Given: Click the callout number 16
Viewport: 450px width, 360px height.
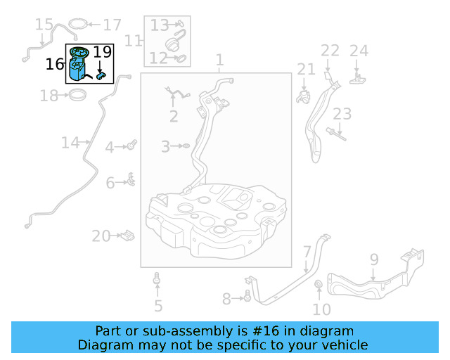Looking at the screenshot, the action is tap(54, 65).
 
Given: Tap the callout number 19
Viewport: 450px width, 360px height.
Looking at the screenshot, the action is tap(102, 51).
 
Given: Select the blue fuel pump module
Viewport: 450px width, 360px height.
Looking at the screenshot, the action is tap(79, 67).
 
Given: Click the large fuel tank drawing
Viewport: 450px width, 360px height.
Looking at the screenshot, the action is tap(214, 211).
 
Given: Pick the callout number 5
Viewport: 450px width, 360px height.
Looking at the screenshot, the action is tap(158, 306).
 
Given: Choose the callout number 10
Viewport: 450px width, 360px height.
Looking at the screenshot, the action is tap(321, 309).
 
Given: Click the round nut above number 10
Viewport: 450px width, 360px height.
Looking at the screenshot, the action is tap(319, 285).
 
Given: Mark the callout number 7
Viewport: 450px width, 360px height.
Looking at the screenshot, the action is tap(307, 252).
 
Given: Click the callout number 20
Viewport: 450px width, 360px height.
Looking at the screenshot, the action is tap(101, 236).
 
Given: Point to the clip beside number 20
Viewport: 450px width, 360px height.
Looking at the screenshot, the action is tap(127, 235).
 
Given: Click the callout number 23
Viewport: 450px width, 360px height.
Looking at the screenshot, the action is tap(342, 114).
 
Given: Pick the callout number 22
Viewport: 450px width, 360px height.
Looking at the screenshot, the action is tap(330, 51).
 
